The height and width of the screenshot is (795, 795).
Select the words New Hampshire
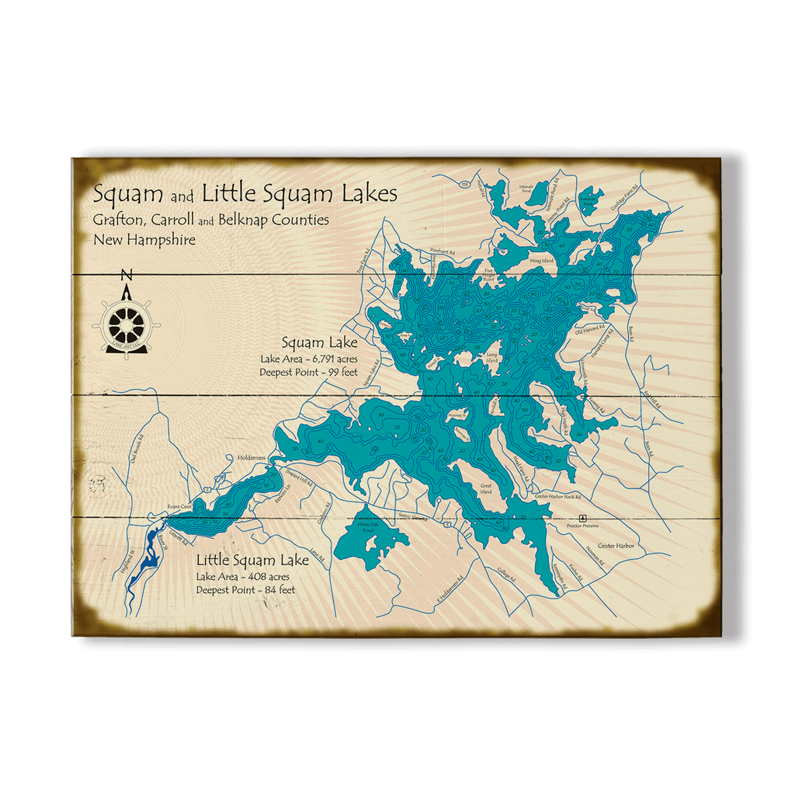click(x=144, y=240)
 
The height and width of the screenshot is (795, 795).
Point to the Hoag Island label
click(x=541, y=261)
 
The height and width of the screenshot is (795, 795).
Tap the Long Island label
click(x=491, y=359)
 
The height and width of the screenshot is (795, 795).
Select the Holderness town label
click(x=252, y=458)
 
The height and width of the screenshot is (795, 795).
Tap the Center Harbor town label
click(x=616, y=546)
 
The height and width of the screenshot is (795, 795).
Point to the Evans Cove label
click(x=179, y=506)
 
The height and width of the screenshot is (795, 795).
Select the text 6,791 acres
click(x=331, y=359)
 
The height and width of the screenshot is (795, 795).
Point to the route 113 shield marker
click(x=465, y=184)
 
